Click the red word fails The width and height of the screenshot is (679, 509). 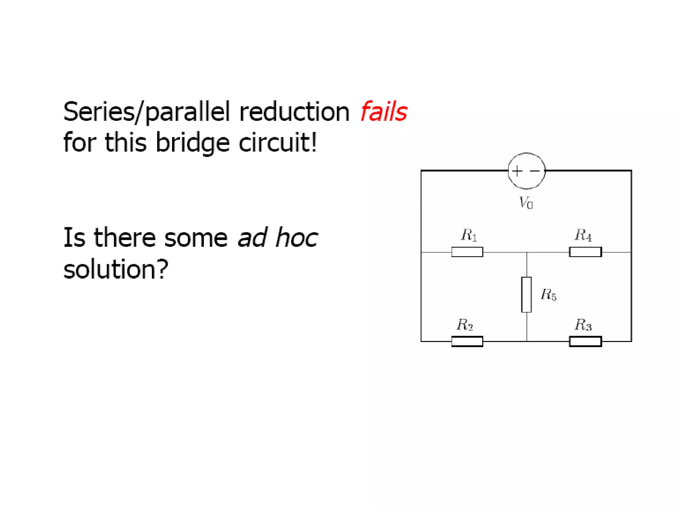(384, 112)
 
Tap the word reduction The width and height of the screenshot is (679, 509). (294, 112)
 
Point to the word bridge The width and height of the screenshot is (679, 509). (192, 143)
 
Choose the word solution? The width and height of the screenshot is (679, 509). (116, 269)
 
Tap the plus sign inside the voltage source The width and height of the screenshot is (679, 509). (517, 171)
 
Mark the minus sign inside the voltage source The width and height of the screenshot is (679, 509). (535, 171)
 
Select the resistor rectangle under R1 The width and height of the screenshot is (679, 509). (467, 252)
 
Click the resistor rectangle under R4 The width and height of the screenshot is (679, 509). (586, 252)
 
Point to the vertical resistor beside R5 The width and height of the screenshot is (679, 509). (526, 295)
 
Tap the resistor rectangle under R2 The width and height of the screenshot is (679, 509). (467, 341)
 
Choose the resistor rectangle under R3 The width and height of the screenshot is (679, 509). (586, 341)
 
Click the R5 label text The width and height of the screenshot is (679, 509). (548, 294)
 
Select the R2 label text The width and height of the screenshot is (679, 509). (464, 325)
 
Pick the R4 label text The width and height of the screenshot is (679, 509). (583, 235)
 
